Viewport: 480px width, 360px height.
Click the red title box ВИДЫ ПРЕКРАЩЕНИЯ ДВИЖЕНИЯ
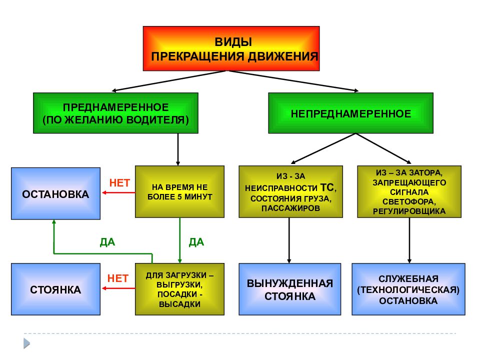pyautogui.click(x=231, y=48)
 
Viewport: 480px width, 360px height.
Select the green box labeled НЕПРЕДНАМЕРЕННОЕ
pyautogui.click(x=351, y=113)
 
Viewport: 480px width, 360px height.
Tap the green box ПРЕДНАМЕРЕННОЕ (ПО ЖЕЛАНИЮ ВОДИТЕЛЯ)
pyautogui.click(x=115, y=113)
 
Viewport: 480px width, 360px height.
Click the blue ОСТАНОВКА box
pyautogui.click(x=55, y=193)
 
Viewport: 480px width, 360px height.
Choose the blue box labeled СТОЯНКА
pyautogui.click(x=55, y=289)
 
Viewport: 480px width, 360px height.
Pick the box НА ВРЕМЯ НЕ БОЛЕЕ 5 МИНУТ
pyautogui.click(x=179, y=191)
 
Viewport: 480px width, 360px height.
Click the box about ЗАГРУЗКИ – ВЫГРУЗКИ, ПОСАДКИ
pyautogui.click(x=179, y=289)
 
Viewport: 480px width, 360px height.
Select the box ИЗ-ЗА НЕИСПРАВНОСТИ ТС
pyautogui.click(x=291, y=191)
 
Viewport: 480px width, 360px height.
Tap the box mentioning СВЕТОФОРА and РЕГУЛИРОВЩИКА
pyautogui.click(x=409, y=191)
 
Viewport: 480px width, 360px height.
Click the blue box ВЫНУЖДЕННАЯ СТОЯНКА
pyautogui.click(x=290, y=289)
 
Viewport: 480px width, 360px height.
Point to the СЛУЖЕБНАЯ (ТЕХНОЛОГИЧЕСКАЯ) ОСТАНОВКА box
pyautogui.click(x=408, y=289)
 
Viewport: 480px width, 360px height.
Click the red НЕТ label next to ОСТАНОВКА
pyautogui.click(x=119, y=183)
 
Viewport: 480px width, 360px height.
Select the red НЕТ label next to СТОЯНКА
pyautogui.click(x=118, y=278)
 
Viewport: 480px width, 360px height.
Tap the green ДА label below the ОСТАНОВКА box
pyautogui.click(x=107, y=242)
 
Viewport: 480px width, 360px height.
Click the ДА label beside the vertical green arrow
pyautogui.click(x=196, y=242)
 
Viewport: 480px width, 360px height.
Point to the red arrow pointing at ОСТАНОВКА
pyautogui.click(x=118, y=192)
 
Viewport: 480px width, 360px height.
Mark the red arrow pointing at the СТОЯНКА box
pyautogui.click(x=118, y=288)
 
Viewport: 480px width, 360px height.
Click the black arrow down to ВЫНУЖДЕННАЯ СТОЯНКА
pyautogui.click(x=289, y=240)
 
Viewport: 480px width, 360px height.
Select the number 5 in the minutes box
pyautogui.click(x=179, y=197)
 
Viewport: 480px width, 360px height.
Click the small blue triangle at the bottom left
pyautogui.click(x=26, y=343)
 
